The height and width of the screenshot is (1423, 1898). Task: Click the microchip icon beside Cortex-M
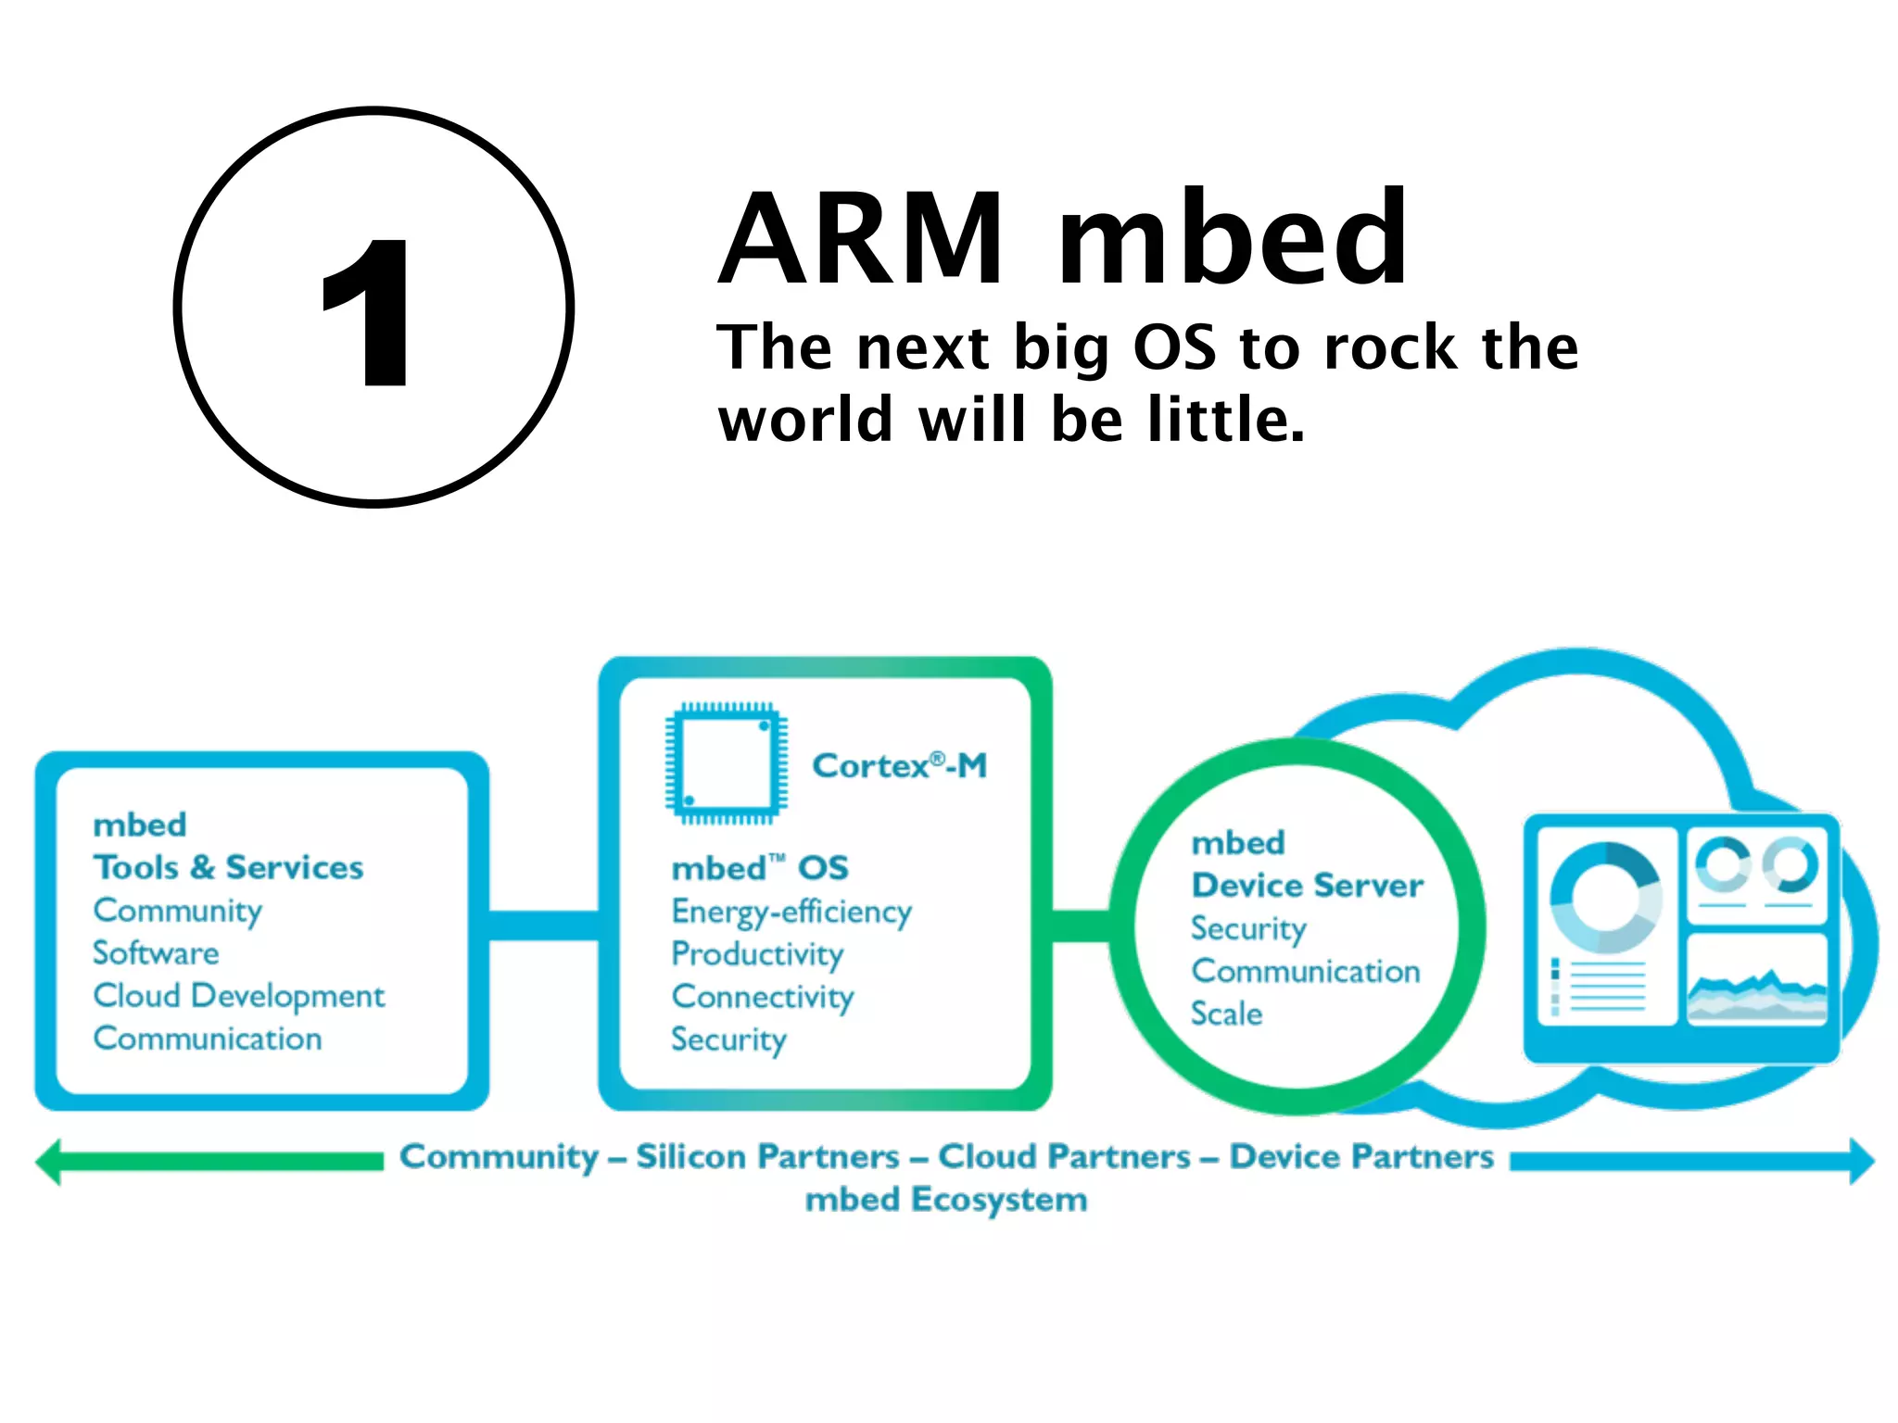(x=726, y=763)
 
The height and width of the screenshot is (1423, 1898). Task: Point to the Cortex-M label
(x=899, y=766)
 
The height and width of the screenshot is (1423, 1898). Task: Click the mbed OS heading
(x=760, y=868)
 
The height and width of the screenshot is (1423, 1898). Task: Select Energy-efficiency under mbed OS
(x=791, y=912)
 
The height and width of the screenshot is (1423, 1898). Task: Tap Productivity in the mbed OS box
(x=757, y=954)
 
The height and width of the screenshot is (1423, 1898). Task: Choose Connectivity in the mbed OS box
(x=763, y=997)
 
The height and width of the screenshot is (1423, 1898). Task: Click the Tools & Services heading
(x=228, y=867)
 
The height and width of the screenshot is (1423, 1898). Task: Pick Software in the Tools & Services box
(x=156, y=952)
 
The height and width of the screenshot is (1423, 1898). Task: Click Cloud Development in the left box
(x=238, y=996)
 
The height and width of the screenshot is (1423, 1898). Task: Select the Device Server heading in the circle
(x=1307, y=886)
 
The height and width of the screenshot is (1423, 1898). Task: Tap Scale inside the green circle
(x=1226, y=1014)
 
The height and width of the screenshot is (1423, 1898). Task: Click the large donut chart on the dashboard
(x=1606, y=897)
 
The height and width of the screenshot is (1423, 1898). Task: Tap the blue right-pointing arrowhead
(x=1861, y=1161)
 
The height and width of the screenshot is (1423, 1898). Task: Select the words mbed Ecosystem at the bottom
(x=945, y=1200)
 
